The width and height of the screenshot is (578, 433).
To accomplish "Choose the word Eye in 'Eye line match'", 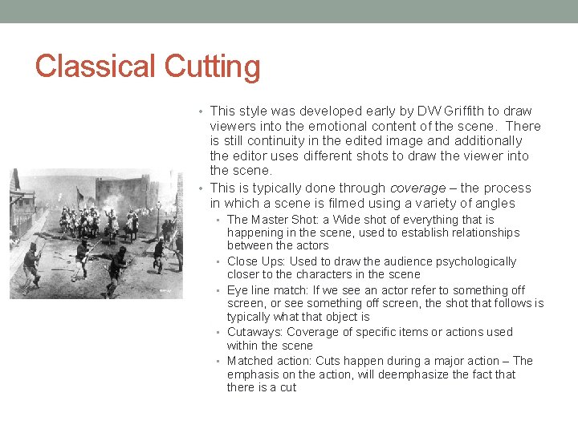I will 238,290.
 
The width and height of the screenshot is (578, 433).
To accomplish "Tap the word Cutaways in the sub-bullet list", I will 255,332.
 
